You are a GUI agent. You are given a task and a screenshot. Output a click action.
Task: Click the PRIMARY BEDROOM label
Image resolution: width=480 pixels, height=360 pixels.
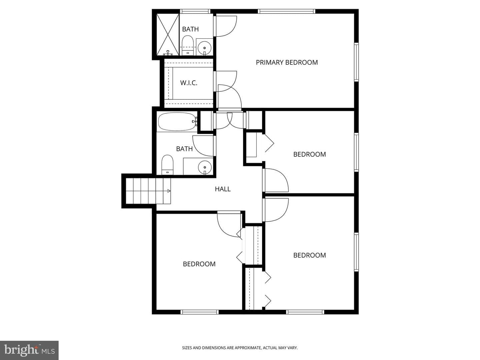pos(286,63)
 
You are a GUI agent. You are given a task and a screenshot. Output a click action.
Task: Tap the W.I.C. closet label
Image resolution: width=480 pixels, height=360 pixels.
pos(189,83)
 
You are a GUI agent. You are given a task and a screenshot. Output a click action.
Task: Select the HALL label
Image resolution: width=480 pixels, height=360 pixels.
pos(223,189)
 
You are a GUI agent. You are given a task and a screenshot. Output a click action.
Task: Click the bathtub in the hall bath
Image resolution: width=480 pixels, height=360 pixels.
pos(178,122)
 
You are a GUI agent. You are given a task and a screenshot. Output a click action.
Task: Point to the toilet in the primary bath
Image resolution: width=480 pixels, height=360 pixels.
pos(188,45)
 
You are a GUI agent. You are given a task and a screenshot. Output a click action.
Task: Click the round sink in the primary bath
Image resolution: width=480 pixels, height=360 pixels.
pos(204,48)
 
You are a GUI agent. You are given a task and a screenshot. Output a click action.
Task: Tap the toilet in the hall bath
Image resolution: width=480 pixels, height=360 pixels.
pos(167,165)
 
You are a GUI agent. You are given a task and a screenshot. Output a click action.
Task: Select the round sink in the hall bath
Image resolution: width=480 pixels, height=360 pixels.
pos(205,167)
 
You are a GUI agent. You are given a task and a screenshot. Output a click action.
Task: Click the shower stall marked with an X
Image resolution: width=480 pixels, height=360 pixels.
pos(168,34)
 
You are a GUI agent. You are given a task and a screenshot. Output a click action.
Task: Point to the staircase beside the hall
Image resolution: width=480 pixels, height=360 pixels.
pos(148,191)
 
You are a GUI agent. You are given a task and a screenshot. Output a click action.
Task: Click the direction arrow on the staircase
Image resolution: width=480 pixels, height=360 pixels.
pos(169,191)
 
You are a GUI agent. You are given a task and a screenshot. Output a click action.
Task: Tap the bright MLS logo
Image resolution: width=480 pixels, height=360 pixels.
pos(29,350)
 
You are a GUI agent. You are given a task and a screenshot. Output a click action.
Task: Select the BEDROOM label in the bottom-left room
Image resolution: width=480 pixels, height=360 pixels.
pos(199,264)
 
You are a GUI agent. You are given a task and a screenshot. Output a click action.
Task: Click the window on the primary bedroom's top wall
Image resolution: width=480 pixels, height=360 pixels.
pos(286,11)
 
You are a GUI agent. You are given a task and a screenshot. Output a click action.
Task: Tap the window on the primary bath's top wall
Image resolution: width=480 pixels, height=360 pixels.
pos(195,11)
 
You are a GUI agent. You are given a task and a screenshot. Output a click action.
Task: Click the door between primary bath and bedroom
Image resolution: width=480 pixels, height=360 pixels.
pos(225,26)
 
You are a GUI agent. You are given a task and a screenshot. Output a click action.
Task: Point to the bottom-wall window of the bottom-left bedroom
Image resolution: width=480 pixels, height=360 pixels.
pos(199,312)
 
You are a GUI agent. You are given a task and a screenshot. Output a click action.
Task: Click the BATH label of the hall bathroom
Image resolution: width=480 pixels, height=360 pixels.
pos(184,149)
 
